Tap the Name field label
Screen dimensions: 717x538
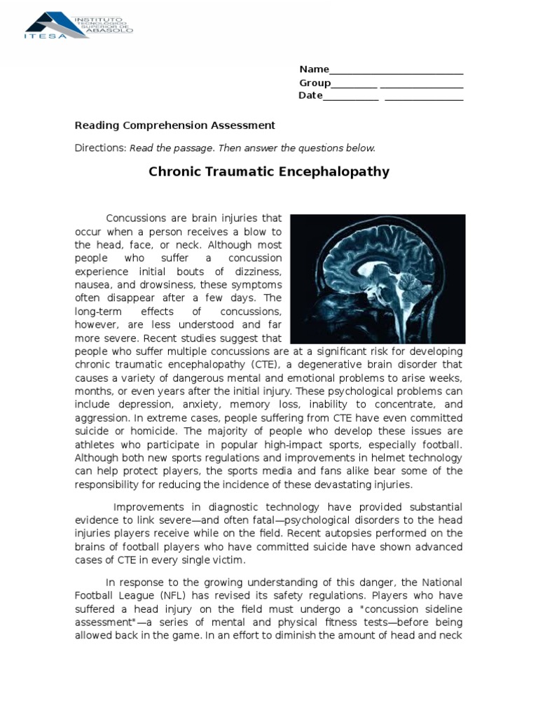(x=314, y=69)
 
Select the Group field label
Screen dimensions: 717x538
(x=315, y=83)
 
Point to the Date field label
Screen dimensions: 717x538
(x=310, y=96)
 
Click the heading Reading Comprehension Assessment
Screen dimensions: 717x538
(x=175, y=125)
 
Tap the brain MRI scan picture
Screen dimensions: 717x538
(x=378, y=279)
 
